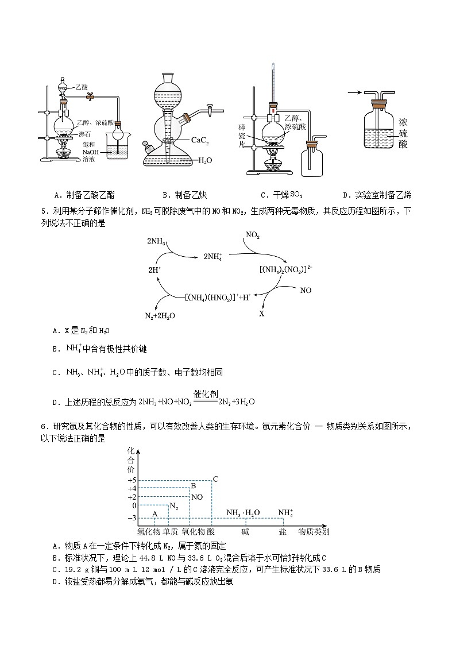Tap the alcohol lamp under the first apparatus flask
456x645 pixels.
(63, 156)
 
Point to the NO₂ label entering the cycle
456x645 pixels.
(253, 235)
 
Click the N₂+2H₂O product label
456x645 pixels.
(160, 316)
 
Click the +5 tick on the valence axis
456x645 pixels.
(132, 480)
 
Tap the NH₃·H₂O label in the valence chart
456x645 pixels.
(243, 513)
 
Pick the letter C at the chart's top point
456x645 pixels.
(215, 479)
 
